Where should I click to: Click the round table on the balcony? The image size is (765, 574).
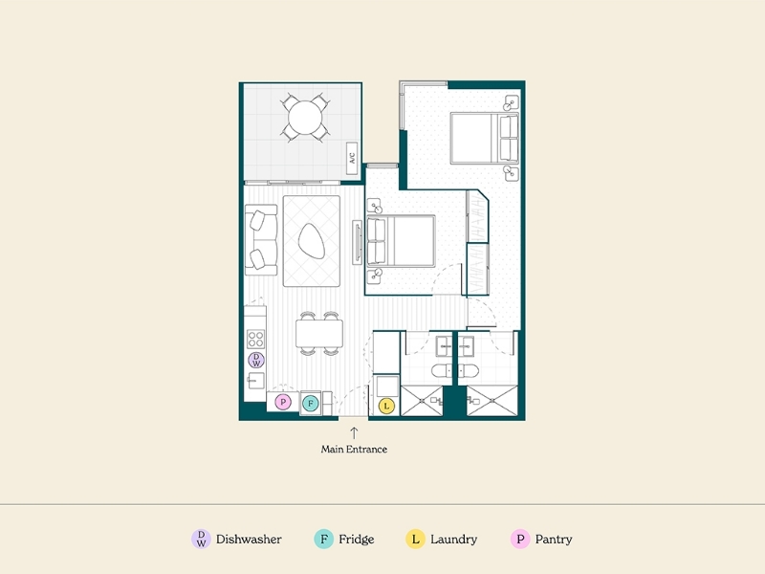point(305,118)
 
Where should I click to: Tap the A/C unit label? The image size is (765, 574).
point(352,158)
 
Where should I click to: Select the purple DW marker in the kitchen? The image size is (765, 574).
point(256,361)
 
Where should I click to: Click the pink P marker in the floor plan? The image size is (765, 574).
point(283,402)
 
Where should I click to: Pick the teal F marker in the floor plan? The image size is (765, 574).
point(310,404)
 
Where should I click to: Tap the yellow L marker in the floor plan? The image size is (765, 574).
point(386,406)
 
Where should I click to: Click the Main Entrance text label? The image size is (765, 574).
point(354,449)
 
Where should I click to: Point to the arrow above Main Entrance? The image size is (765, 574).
point(354,433)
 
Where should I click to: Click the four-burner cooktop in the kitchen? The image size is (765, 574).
point(255,339)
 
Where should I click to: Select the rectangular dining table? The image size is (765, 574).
point(319,333)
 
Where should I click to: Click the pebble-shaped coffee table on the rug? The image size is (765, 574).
point(312,241)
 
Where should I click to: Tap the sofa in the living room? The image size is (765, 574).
point(261,240)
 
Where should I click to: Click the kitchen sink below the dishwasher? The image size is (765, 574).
point(255,380)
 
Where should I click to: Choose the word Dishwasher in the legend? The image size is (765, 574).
point(249,540)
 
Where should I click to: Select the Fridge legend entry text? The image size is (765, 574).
point(357,540)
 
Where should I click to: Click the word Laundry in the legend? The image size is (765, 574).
point(453,540)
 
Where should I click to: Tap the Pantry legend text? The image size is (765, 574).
point(554,540)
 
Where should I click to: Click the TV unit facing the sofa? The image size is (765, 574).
point(357,243)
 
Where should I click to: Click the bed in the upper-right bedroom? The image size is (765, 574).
point(485,138)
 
